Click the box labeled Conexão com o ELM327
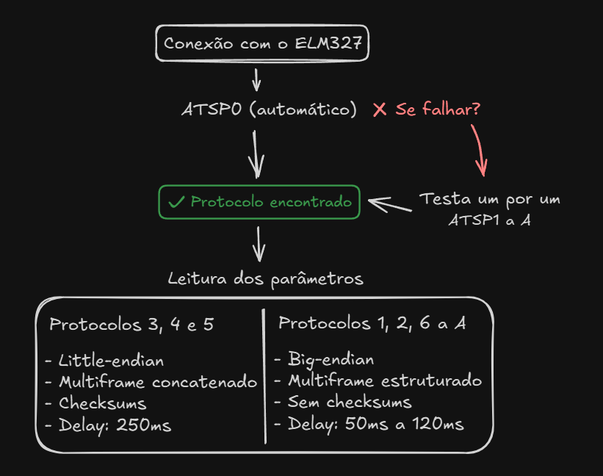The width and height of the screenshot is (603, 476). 262,43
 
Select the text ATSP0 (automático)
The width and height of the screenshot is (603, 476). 269,110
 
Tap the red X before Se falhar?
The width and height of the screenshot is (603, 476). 380,110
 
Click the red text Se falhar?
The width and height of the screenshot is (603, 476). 438,110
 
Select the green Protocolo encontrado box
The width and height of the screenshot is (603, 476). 259,202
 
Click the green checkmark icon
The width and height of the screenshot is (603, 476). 176,202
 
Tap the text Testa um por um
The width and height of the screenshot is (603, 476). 489,199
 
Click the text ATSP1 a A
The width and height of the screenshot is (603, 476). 489,220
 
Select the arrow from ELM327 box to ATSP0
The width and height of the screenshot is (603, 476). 256,79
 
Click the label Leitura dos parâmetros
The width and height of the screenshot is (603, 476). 265,279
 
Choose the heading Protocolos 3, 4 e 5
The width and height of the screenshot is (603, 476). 131,324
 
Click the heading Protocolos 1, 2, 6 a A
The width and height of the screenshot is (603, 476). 372,323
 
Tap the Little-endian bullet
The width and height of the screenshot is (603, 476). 104,361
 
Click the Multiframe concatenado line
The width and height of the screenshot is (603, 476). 151,382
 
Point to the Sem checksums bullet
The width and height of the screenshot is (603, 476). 342,403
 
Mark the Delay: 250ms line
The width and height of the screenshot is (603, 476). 108,425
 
